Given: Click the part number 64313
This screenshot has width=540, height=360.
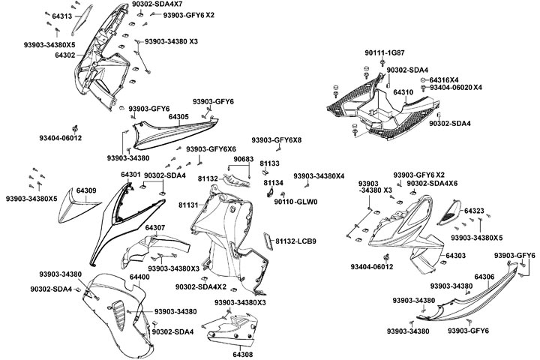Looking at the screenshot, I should [61, 16].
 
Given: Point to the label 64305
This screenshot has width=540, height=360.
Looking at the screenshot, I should [178, 117].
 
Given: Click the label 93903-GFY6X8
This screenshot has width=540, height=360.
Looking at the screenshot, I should [277, 140].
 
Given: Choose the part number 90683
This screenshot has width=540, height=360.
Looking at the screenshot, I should [242, 160].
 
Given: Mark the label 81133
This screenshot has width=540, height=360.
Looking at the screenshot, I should [270, 163].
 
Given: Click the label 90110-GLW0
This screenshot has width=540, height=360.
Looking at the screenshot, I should [296, 202].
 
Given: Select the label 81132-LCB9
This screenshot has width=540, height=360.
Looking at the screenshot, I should [295, 241].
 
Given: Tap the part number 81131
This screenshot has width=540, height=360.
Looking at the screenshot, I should [187, 205].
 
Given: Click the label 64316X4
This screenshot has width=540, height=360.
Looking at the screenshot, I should [443, 79].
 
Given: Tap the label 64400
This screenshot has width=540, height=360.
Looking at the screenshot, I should [139, 277].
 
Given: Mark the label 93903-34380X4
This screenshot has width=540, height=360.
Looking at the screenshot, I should [319, 176].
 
